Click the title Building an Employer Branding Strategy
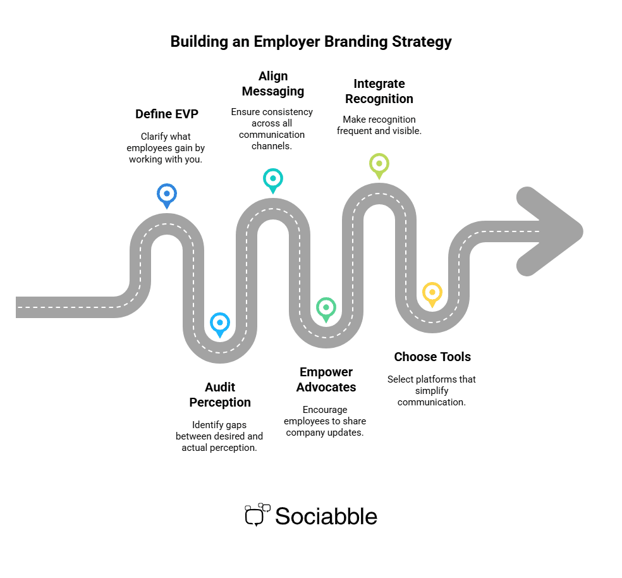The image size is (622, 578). [x=311, y=42]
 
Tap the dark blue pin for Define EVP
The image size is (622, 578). [x=166, y=194]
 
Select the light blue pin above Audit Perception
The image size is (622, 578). [x=219, y=323]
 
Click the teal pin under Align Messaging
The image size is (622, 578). [x=272, y=179]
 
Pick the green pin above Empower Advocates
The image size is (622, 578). [x=326, y=308]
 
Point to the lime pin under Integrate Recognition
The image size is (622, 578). [x=379, y=164]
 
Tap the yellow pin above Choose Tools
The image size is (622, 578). [x=432, y=293]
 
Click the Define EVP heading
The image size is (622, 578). [x=167, y=114]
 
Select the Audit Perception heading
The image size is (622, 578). [x=220, y=395]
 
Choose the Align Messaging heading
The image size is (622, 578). [x=272, y=83]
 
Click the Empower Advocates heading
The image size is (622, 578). [x=326, y=379]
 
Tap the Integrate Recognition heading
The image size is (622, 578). [x=379, y=91]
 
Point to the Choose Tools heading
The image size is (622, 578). [x=432, y=357]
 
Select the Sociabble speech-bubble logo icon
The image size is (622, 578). [x=256, y=515]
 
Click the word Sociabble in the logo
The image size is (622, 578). [x=326, y=516]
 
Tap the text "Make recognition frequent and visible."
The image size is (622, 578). [x=379, y=125]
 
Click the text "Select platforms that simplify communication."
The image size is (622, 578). [x=432, y=390]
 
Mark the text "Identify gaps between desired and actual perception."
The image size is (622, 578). [x=219, y=436]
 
